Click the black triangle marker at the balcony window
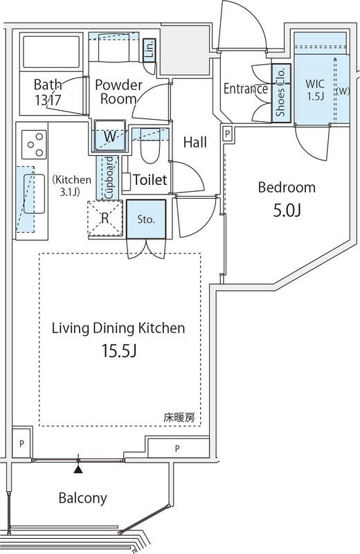coord(78,470)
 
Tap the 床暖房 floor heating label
coord(179,418)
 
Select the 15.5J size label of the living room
coord(119,351)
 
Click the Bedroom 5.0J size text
coord(287,211)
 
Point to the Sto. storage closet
coord(146,219)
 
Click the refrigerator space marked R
coord(105,218)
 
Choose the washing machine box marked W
coord(109,136)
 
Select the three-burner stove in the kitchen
coord(34,145)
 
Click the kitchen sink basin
coord(34,194)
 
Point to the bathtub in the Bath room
coord(51,51)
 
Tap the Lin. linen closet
coord(150,50)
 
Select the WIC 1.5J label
coord(315,90)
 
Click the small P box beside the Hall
coord(228,134)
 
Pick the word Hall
coord(195,143)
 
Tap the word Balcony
coord(82,498)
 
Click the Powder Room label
coord(118,92)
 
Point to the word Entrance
coord(246,89)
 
